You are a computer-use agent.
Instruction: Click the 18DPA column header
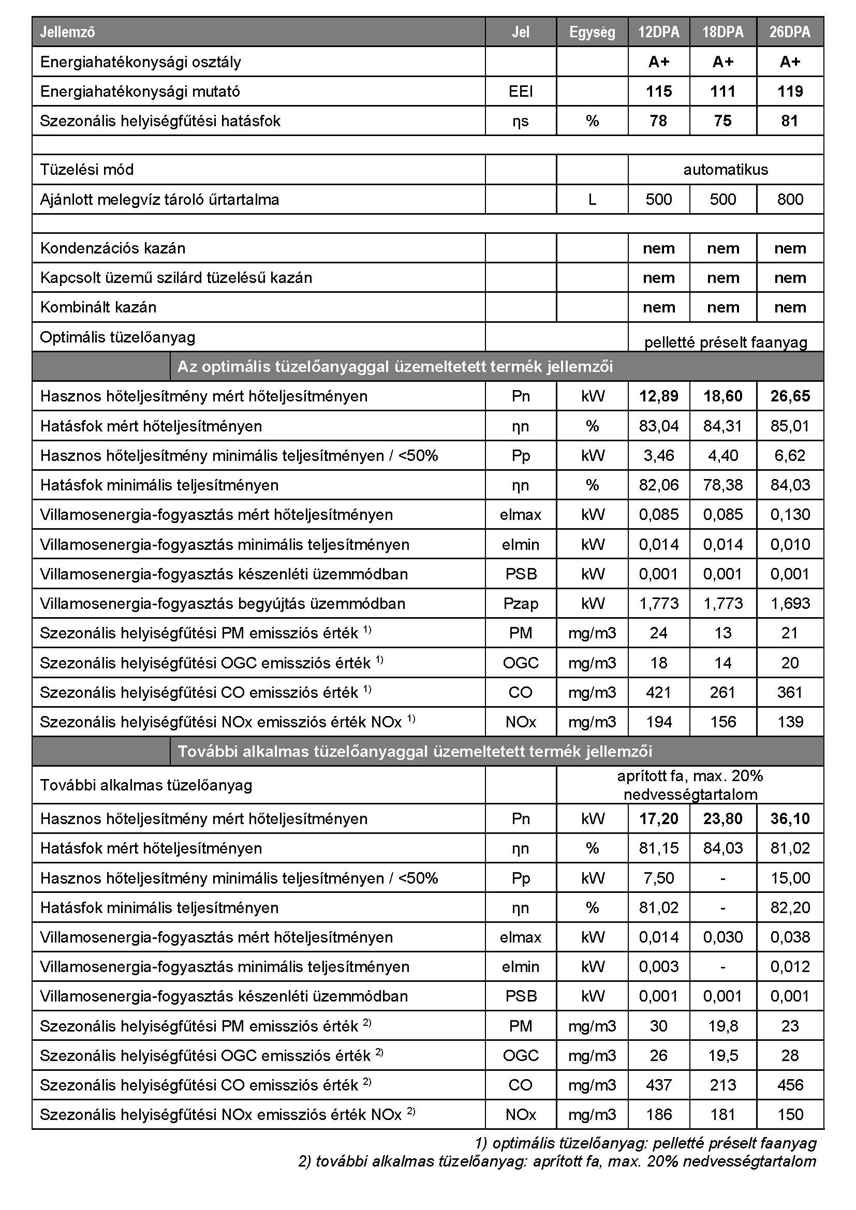click(x=722, y=32)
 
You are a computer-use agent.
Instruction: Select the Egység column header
click(x=592, y=32)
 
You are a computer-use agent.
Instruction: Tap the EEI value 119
click(x=790, y=91)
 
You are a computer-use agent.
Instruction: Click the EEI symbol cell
click(x=520, y=91)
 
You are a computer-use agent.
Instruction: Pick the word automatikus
click(x=725, y=170)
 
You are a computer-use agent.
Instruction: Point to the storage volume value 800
click(x=790, y=199)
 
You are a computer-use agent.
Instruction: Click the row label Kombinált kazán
click(x=98, y=307)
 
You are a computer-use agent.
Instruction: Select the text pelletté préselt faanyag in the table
click(x=725, y=342)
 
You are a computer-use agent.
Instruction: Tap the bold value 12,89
click(x=658, y=396)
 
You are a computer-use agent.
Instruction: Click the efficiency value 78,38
click(x=722, y=485)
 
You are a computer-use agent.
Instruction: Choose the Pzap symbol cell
click(x=520, y=603)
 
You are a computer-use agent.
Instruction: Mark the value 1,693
click(x=790, y=603)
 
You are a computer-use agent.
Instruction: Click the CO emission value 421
click(x=658, y=692)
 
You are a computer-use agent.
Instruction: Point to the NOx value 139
click(x=790, y=722)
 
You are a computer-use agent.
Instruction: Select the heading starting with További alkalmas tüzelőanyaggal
click(x=415, y=751)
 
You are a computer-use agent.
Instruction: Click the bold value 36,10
click(x=790, y=818)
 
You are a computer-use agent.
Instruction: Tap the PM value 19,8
click(x=722, y=1025)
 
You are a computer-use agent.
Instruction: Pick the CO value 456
click(x=790, y=1085)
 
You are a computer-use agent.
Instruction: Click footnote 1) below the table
click(x=645, y=1143)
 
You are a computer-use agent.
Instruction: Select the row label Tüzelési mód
click(x=86, y=170)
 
